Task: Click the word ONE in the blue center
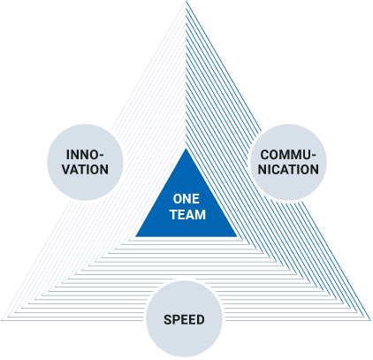tap(185, 198)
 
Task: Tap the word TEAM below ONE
tap(185, 213)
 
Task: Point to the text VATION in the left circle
tap(86, 169)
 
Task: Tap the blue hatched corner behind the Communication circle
tap(255, 129)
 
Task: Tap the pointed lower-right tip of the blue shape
tap(364, 314)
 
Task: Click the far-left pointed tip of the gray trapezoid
tap(7, 318)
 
